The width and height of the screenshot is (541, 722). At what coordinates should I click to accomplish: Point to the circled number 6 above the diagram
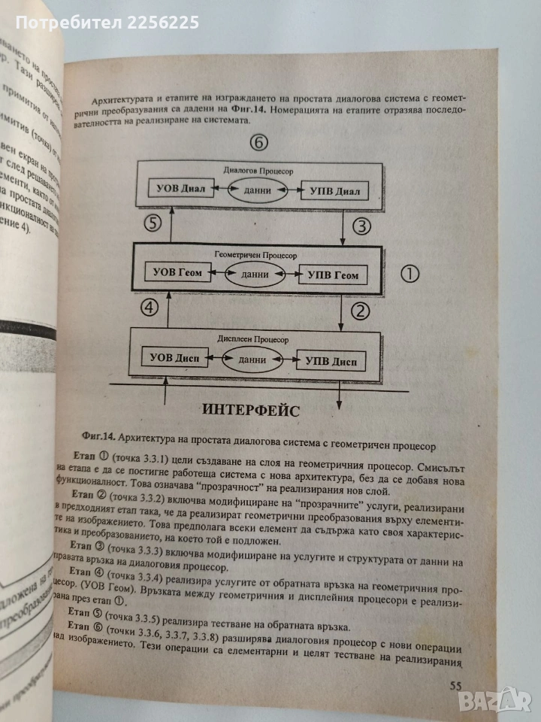[257, 143]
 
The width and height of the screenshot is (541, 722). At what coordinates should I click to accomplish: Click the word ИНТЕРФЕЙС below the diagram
[250, 411]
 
